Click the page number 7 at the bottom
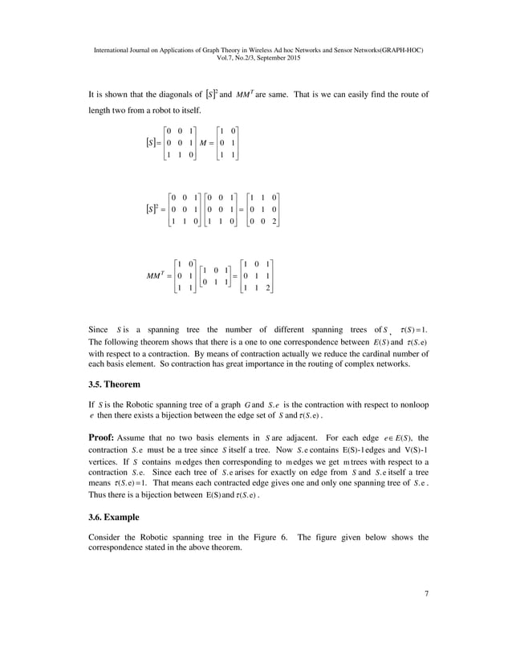(427, 594)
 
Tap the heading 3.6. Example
(117, 517)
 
